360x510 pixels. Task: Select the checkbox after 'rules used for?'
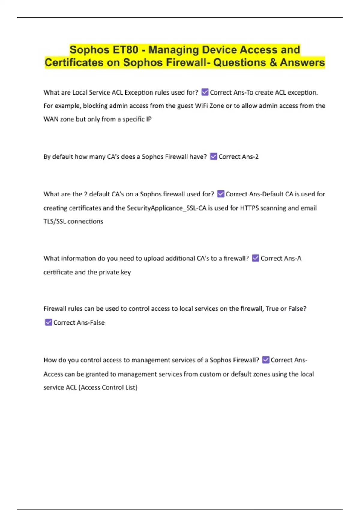[x=205, y=92]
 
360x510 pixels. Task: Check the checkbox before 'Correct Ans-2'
[x=214, y=156]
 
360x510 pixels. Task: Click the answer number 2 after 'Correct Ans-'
[x=256, y=157]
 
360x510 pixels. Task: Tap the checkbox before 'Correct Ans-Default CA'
[x=221, y=194]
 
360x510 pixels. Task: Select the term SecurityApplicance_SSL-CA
[x=167, y=208]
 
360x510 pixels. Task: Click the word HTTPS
[x=249, y=208]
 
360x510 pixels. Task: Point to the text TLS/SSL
[x=55, y=221]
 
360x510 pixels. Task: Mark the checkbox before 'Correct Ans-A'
[x=256, y=258]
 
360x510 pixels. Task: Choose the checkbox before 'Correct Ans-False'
[x=48, y=322]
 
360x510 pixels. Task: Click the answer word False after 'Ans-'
[x=97, y=322]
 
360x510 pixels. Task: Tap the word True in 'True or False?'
[x=272, y=309]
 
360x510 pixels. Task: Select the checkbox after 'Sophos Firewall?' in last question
[x=266, y=360]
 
